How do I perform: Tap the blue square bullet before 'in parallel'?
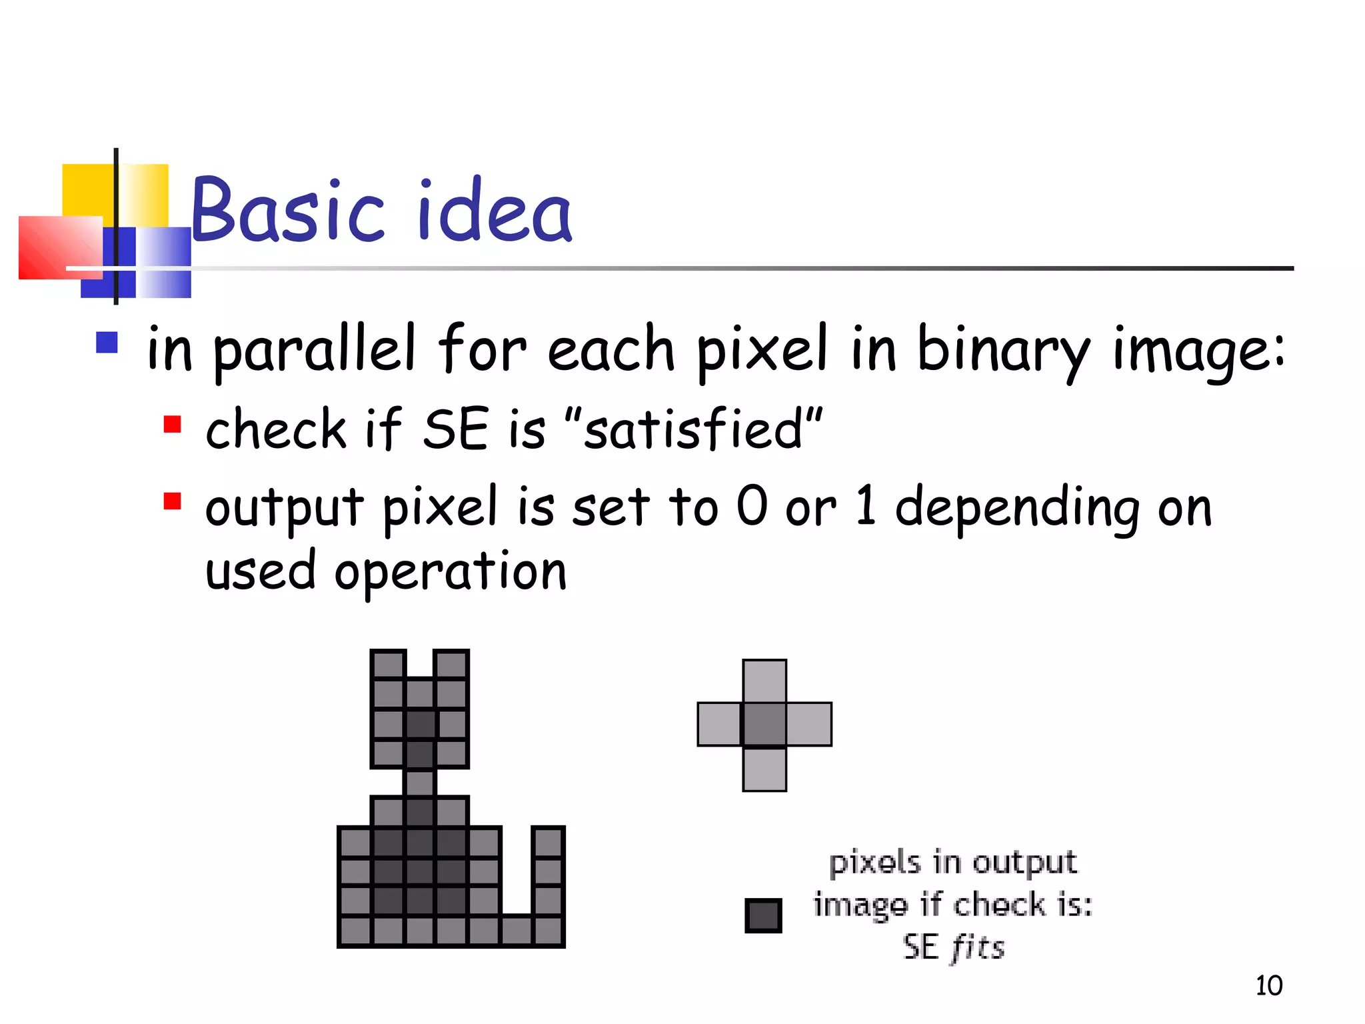107,343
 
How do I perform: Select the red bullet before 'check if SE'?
173,425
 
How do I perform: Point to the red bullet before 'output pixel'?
173,501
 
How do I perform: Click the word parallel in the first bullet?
314,350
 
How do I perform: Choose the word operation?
451,572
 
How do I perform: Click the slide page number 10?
1268,985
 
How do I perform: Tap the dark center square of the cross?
764,724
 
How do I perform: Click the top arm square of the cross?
764,681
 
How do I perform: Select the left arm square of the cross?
720,724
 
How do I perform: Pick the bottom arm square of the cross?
764,769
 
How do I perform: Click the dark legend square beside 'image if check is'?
763,915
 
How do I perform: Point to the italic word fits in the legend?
977,947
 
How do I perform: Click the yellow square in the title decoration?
89,191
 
